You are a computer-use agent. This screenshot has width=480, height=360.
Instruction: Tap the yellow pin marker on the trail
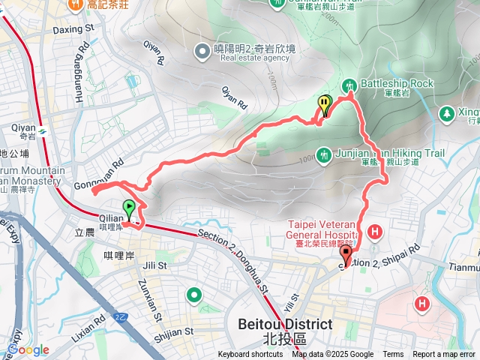324,105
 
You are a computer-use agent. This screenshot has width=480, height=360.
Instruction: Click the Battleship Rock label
397,84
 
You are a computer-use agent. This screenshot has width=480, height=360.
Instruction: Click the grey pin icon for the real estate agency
201,52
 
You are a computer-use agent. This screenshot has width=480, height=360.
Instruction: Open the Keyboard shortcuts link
250,355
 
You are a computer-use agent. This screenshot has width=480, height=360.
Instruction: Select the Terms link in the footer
393,355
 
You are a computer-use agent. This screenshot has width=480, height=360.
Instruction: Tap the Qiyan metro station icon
44,132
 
